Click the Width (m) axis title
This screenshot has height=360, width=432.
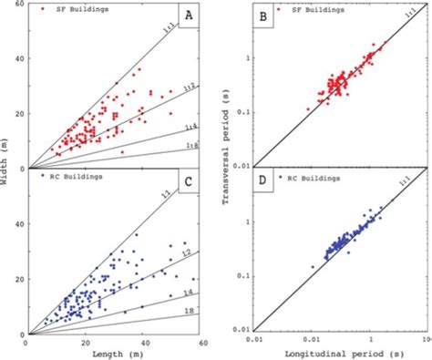point(6,169)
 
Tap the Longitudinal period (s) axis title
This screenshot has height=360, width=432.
point(338,354)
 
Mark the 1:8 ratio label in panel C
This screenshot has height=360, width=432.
point(187,312)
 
